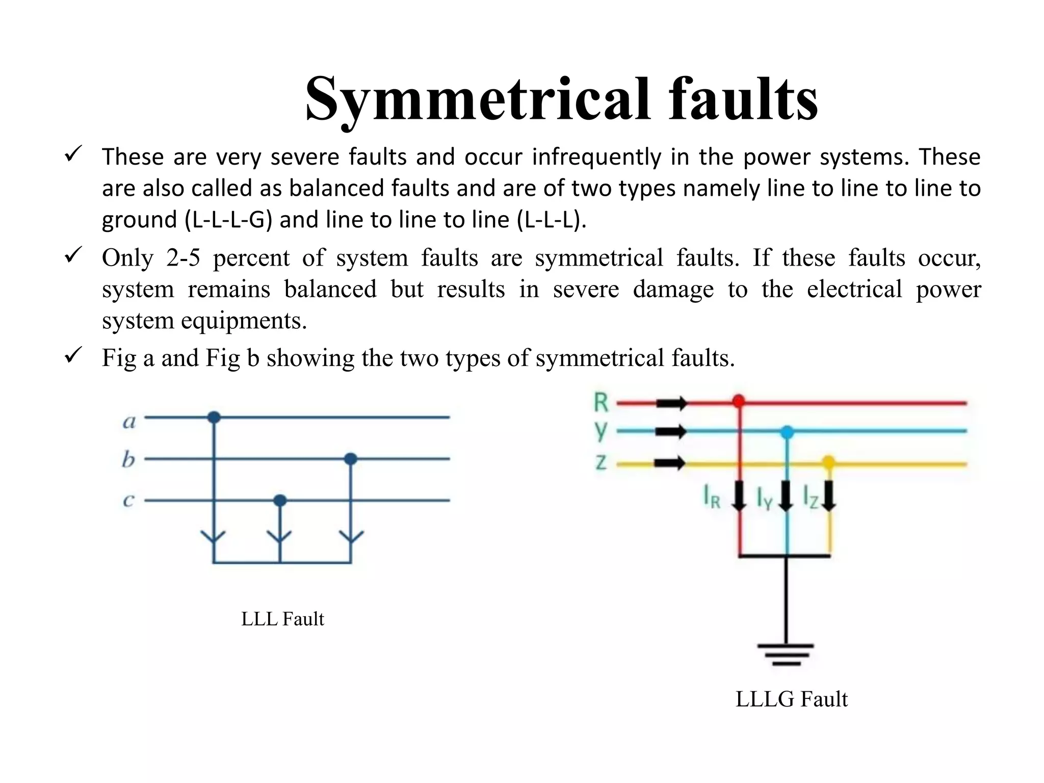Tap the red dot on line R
click(738, 401)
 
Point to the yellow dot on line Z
click(829, 463)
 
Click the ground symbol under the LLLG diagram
click(786, 655)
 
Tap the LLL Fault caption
click(282, 619)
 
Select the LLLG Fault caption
click(791, 699)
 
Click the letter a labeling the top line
click(129, 422)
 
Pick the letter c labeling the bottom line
click(128, 500)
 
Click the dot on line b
click(350, 459)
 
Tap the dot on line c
click(280, 500)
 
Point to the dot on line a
click(214, 417)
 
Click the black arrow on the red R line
click(671, 403)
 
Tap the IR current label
click(712, 497)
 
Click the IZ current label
click(811, 497)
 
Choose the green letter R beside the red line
click(601, 402)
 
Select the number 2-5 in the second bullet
click(183, 258)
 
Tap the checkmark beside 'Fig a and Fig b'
click(74, 355)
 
